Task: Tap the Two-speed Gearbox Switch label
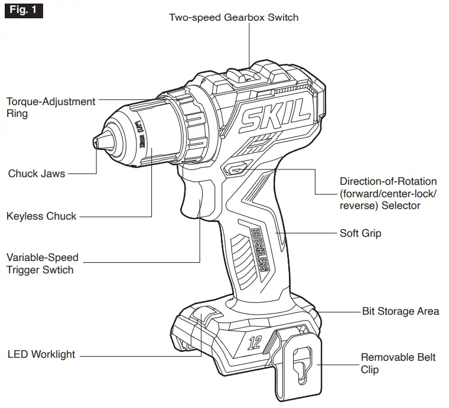tap(234, 17)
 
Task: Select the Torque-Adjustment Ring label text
tap(50, 107)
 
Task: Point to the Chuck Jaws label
tap(37, 174)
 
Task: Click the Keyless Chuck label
tap(41, 216)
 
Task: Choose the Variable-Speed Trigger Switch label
tap(43, 264)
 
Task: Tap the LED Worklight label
tap(41, 354)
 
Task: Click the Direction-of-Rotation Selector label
tap(388, 193)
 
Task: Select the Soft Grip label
tap(360, 233)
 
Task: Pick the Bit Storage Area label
tap(401, 311)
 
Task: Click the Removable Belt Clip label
tap(398, 363)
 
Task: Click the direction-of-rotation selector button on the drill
tap(236, 169)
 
